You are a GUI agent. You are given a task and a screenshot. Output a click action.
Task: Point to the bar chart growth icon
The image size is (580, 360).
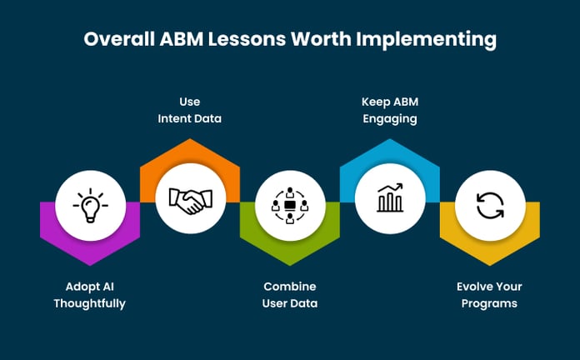390,197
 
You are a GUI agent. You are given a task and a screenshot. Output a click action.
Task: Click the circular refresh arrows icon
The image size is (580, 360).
489,204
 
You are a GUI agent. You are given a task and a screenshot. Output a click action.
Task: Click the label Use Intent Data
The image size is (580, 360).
190,110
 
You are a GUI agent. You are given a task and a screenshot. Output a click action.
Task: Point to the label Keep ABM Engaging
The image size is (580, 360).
389,110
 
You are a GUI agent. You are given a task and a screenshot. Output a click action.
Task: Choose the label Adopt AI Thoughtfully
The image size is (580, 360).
90,295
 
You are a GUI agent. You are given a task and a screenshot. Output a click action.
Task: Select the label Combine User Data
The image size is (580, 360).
289,295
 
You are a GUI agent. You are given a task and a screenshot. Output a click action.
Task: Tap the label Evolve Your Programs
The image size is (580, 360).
489,295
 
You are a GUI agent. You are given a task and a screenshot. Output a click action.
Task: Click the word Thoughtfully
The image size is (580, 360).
90,303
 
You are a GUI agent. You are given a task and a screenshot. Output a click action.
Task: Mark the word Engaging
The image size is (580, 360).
389,118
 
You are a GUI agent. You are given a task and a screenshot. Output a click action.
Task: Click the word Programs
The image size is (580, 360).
489,303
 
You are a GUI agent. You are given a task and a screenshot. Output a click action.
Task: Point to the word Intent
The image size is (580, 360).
173,118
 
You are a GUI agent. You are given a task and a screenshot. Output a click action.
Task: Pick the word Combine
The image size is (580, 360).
289,287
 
